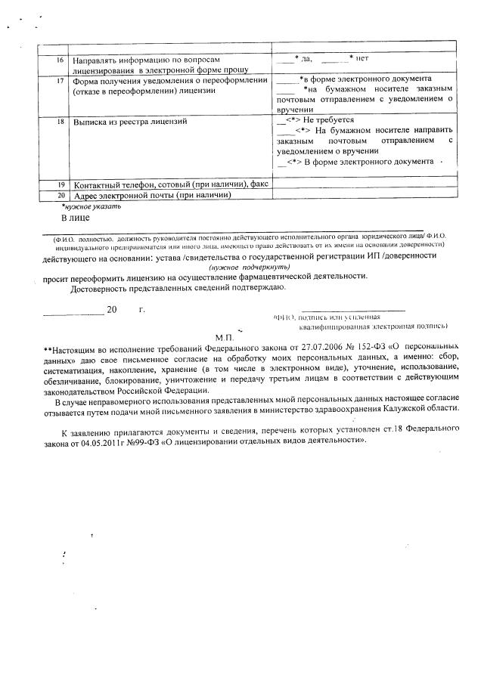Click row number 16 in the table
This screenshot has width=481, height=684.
pyautogui.click(x=60, y=58)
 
